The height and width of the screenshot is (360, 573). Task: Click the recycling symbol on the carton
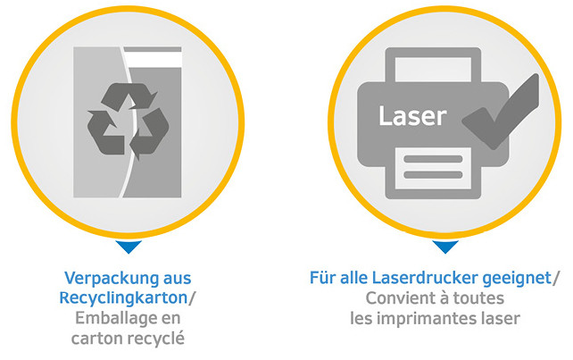click(x=128, y=121)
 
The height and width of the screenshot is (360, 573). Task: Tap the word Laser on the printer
click(x=412, y=116)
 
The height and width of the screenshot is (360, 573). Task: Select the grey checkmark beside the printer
click(x=501, y=112)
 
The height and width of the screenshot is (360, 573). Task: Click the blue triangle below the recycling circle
click(x=129, y=247)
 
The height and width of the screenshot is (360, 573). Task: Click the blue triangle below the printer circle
click(x=445, y=247)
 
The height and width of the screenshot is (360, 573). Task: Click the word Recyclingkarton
click(x=123, y=297)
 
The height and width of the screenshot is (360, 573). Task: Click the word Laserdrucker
click(x=425, y=278)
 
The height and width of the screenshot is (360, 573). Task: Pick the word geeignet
click(x=517, y=279)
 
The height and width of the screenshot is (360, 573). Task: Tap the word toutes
click(x=478, y=298)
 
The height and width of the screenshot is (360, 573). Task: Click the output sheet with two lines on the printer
click(x=433, y=168)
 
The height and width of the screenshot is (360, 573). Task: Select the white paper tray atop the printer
click(x=433, y=70)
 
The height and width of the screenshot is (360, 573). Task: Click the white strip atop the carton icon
click(x=153, y=60)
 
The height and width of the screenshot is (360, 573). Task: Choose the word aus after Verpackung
click(x=177, y=280)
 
